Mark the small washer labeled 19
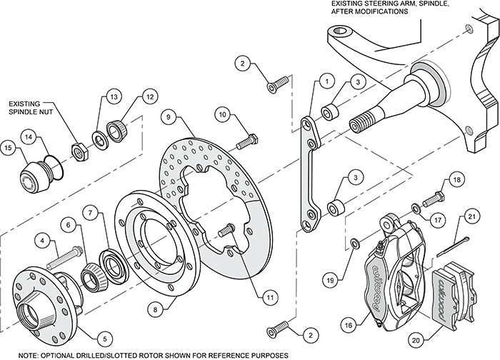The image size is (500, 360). pyautogui.click(x=355, y=245)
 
